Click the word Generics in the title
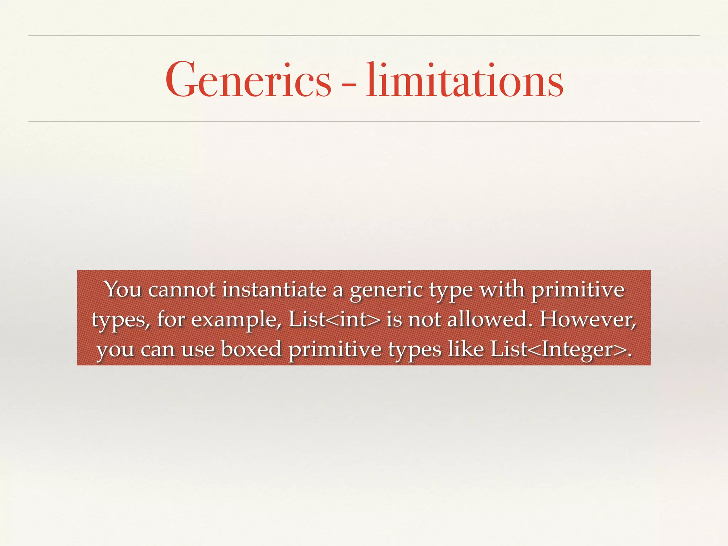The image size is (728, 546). (x=248, y=80)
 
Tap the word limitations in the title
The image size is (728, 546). (x=465, y=80)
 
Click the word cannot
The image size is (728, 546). (x=182, y=290)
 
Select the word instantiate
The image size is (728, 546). (x=274, y=290)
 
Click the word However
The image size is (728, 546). (x=587, y=319)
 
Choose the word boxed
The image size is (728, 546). (x=251, y=349)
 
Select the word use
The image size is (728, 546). (x=198, y=349)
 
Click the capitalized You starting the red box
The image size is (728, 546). (x=123, y=290)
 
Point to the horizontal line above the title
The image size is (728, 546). (x=364, y=36)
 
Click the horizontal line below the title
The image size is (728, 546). (x=364, y=122)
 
